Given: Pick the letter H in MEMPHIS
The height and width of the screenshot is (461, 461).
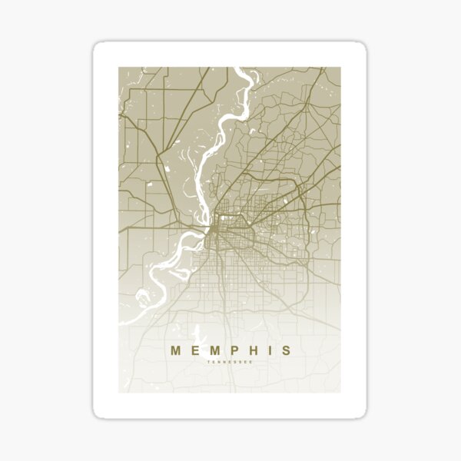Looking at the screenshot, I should click(x=251, y=350).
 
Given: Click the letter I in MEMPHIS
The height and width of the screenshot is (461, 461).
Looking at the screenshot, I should click(x=268, y=350).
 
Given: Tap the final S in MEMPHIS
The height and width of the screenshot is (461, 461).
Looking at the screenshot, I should click(x=286, y=350).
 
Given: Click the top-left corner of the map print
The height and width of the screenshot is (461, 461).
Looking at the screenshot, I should click(x=119, y=68).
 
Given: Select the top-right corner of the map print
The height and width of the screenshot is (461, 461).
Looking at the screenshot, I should click(x=341, y=68).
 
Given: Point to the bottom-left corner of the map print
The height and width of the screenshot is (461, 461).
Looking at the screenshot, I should click(x=119, y=392).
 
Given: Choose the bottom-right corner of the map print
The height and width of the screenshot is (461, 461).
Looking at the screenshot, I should click(x=341, y=392).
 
